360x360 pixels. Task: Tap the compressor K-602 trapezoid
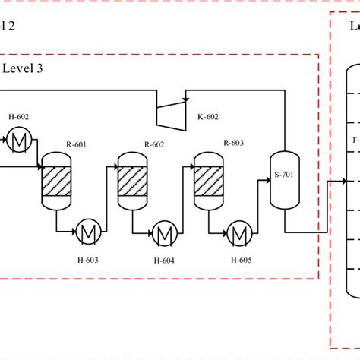(172, 112)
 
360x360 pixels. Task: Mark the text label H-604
(163, 240)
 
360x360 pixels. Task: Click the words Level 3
(27, 69)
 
